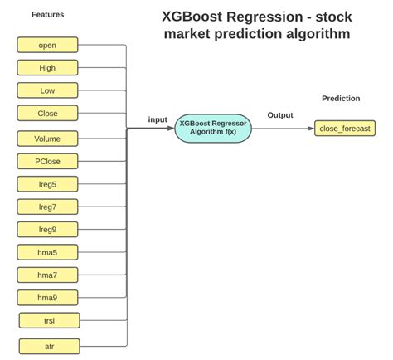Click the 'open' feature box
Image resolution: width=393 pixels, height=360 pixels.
[x=47, y=45]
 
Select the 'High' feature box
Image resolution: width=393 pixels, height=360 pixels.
[x=47, y=67]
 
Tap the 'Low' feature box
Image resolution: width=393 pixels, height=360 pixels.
[x=47, y=90]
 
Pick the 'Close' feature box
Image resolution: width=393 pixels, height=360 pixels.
[x=47, y=113]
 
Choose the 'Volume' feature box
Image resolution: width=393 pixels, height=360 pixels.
[x=47, y=139]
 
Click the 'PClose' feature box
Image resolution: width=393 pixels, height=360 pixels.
[x=47, y=161]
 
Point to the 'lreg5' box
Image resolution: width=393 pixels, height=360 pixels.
[x=47, y=184]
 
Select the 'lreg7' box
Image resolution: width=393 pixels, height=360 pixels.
[x=47, y=207]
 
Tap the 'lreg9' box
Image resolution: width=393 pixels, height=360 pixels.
[x=47, y=229]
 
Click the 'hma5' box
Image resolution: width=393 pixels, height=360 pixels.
[x=47, y=252]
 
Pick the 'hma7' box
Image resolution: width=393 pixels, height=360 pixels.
[x=47, y=275]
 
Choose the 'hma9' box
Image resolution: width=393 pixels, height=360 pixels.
[x=47, y=297]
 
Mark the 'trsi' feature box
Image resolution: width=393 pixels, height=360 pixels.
[x=49, y=320]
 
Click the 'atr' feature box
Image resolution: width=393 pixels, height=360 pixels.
[x=49, y=345]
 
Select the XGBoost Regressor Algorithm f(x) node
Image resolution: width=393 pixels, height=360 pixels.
[x=213, y=129]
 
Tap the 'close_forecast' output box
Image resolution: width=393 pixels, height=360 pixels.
[x=345, y=129]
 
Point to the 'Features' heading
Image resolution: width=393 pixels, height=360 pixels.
[x=47, y=15]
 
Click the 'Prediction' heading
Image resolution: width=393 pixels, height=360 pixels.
[x=341, y=99]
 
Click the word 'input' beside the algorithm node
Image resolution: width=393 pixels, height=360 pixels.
[x=158, y=119]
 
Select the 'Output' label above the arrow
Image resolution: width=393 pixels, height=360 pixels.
[x=280, y=115]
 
